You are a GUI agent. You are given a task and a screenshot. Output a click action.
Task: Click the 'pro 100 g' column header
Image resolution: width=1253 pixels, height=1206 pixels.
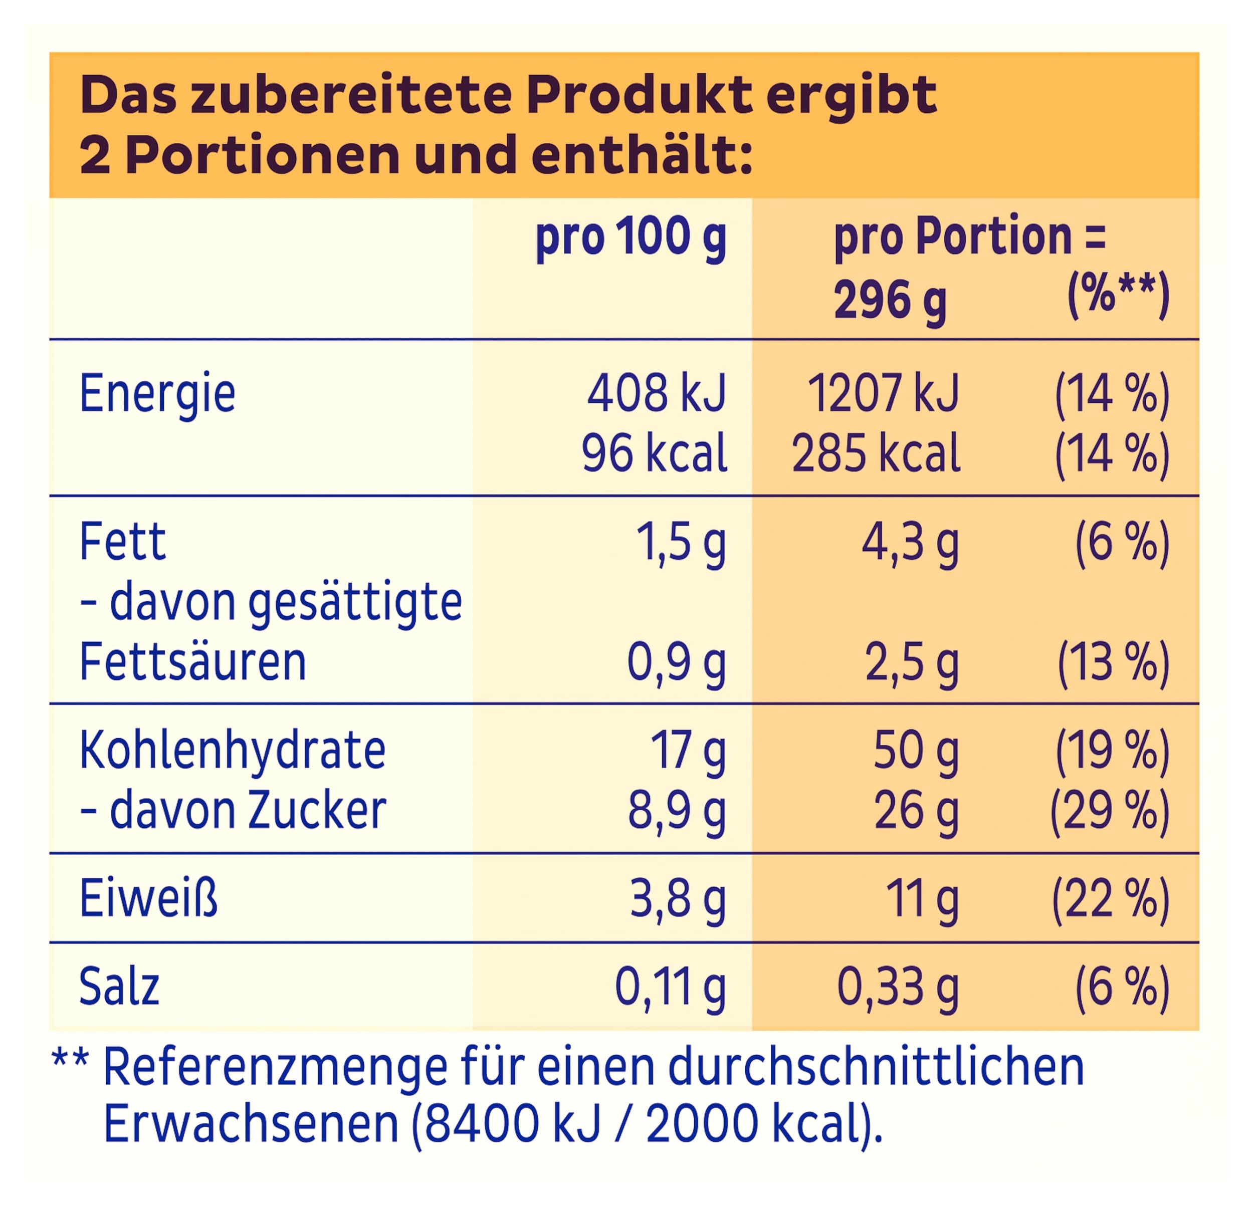tap(631, 238)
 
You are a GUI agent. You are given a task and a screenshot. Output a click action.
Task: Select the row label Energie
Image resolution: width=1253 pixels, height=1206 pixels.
tap(157, 394)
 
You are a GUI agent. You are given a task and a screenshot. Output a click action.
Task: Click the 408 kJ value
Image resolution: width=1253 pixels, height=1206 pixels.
tap(656, 394)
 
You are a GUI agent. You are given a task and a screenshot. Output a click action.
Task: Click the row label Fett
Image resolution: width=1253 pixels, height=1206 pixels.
tap(123, 542)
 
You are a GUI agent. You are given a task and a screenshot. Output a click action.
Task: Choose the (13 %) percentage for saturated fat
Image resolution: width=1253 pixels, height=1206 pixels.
tap(1113, 663)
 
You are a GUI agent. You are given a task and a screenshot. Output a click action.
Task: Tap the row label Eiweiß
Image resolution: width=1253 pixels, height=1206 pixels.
tap(148, 898)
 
